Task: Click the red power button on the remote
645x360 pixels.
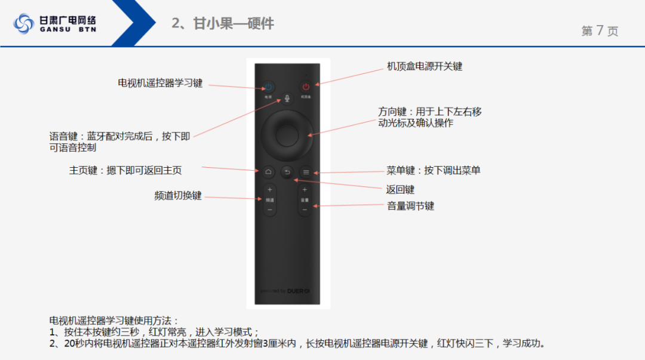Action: click(x=306, y=87)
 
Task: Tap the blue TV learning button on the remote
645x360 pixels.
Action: click(x=268, y=87)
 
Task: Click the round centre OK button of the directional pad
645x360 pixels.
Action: click(x=287, y=136)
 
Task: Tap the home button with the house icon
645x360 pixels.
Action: click(x=268, y=172)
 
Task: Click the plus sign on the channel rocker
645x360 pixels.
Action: click(x=269, y=190)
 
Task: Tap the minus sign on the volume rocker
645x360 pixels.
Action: click(x=305, y=210)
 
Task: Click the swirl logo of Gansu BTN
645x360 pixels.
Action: click(x=24, y=24)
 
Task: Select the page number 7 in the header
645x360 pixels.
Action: click(x=600, y=31)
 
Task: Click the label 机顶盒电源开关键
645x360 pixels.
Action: click(x=425, y=66)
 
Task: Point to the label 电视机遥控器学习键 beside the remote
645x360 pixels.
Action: click(x=160, y=83)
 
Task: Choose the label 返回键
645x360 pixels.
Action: click(x=400, y=189)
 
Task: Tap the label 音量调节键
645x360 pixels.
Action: click(x=410, y=206)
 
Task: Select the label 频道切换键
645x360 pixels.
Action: click(x=178, y=196)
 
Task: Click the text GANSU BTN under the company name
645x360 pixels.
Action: click(x=67, y=29)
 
